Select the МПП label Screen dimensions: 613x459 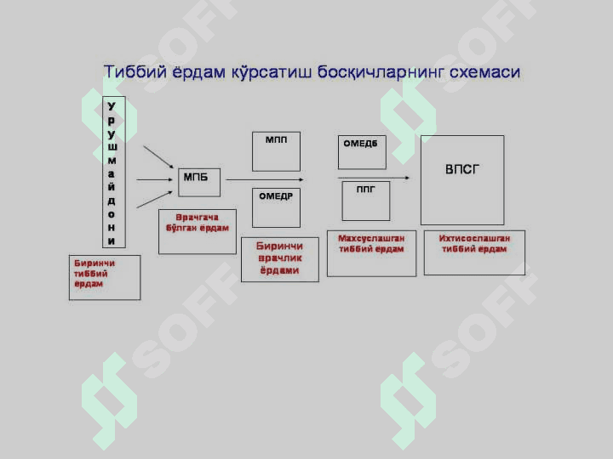pyautogui.click(x=276, y=139)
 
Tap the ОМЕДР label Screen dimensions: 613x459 pyautogui.click(x=276, y=196)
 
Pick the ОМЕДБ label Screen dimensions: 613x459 pyautogui.click(x=360, y=144)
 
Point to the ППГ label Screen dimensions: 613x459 pyautogui.click(x=365, y=190)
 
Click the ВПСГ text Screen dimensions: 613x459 pyautogui.click(x=462, y=169)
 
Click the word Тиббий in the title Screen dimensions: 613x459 pyautogui.click(x=135, y=72)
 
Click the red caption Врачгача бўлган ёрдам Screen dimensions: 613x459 pyautogui.click(x=198, y=223)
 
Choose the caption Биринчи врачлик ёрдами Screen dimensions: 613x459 pyautogui.click(x=279, y=258)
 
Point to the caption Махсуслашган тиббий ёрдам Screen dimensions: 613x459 pyautogui.click(x=371, y=244)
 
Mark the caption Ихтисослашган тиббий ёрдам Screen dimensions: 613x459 pyautogui.click(x=474, y=244)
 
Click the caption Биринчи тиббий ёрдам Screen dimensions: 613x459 pyautogui.click(x=95, y=274)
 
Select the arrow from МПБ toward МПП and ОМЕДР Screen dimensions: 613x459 pyautogui.click(x=265, y=179)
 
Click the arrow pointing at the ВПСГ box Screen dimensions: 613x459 pyautogui.click(x=374, y=178)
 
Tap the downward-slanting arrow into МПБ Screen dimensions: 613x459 pyautogui.click(x=158, y=157)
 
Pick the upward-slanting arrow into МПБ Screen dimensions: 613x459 pyautogui.click(x=154, y=200)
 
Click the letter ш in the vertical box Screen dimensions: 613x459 pyautogui.click(x=112, y=147)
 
